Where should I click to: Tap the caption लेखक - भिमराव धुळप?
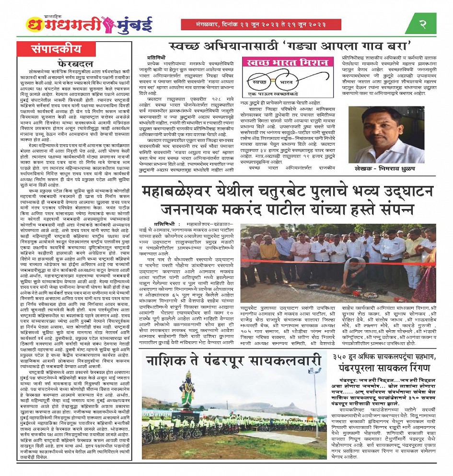click(x=390, y=170)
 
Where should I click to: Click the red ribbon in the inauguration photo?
click(x=336, y=262)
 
